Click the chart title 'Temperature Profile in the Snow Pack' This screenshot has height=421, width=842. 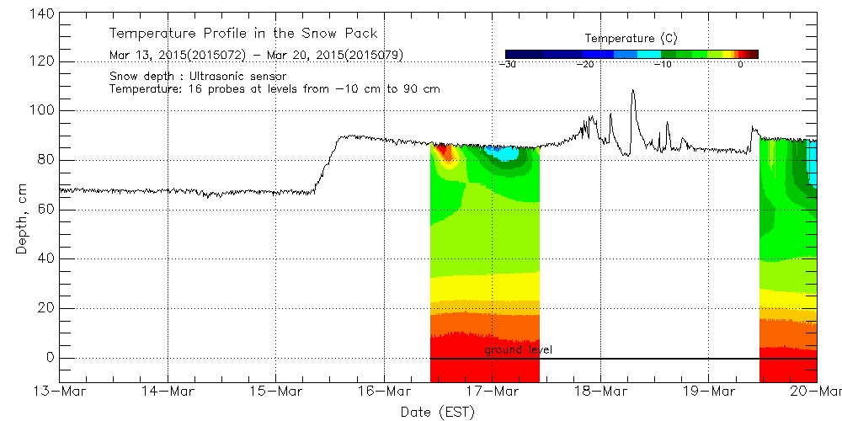(x=243, y=34)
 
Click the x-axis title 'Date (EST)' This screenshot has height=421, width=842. (x=438, y=412)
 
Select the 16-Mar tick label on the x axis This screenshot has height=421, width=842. (x=384, y=392)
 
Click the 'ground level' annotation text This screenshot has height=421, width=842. (x=518, y=349)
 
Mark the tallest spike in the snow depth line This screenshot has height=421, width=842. (x=632, y=91)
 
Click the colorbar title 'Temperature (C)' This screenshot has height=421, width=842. (x=631, y=39)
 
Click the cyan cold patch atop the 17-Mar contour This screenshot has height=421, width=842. (x=504, y=153)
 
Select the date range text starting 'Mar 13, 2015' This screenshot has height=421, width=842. (x=256, y=56)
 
